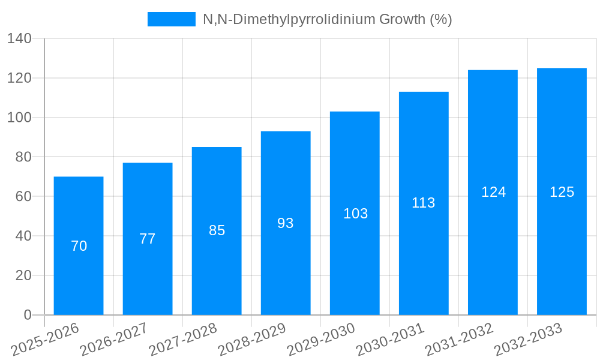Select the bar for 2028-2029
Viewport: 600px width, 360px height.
click(286, 270)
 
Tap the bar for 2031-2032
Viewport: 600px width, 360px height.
click(493, 252)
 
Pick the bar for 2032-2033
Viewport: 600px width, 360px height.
click(562, 252)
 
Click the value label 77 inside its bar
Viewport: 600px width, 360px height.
click(148, 239)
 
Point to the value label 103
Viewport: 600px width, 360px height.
click(355, 214)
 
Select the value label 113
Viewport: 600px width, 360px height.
click(424, 203)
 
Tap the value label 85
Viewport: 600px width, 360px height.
click(217, 230)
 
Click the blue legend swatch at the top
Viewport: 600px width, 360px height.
click(172, 19)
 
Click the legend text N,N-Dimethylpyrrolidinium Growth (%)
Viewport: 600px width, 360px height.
click(327, 19)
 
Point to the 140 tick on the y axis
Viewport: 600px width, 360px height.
click(19, 39)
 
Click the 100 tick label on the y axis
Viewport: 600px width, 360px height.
click(19, 118)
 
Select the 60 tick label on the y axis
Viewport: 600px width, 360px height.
click(23, 197)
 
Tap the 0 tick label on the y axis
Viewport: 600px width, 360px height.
click(27, 315)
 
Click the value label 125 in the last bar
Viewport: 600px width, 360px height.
click(562, 192)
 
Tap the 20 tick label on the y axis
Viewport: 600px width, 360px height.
click(23, 275)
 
